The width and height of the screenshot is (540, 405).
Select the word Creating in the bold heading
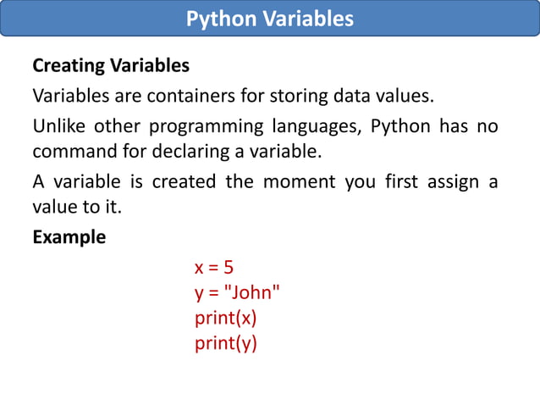pyautogui.click(x=68, y=65)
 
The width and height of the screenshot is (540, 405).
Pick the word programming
pyautogui.click(x=206, y=127)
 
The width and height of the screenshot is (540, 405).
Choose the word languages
pyautogui.click(x=317, y=127)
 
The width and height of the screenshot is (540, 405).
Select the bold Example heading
pyautogui.click(x=69, y=237)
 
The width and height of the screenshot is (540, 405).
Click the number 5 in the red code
pyautogui.click(x=228, y=268)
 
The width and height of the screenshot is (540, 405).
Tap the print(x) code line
pyautogui.click(x=225, y=319)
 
